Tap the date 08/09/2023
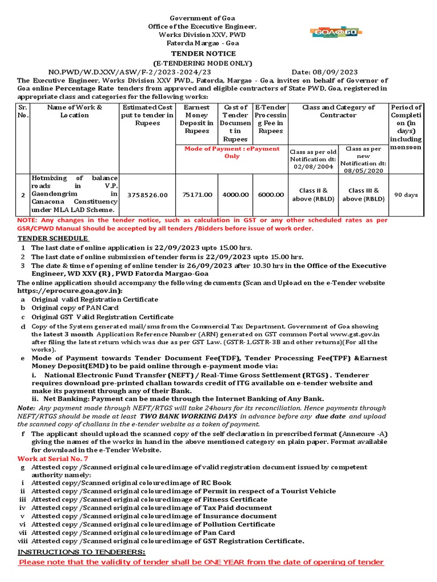pyautogui.click(x=333, y=72)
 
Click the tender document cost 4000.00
pyautogui.click(x=236, y=194)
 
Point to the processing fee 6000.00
pyautogui.click(x=271, y=194)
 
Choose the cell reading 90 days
pyautogui.click(x=406, y=194)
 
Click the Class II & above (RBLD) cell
pyautogui.click(x=314, y=194)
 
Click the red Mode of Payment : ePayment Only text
pyautogui.click(x=232, y=152)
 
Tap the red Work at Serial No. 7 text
pyautogui.click(x=53, y=458)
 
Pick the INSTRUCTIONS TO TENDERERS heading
pyautogui.click(x=81, y=552)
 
